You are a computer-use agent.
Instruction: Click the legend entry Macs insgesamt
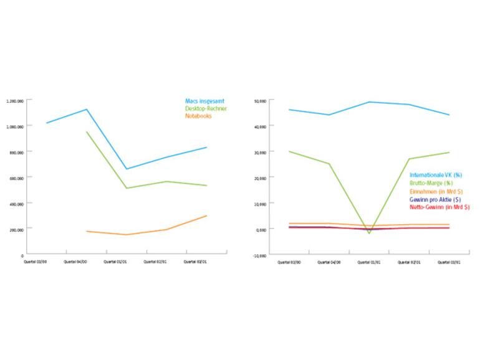pos(204,101)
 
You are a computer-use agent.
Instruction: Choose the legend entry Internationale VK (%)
pos(436,175)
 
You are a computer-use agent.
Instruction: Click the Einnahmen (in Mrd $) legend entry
pos(436,191)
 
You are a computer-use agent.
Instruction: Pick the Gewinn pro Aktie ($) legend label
pos(434,199)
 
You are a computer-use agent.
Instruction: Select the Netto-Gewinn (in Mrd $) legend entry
pos(439,207)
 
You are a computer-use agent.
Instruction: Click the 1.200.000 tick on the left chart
pos(16,100)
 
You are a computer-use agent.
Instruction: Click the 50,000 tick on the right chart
pos(261,100)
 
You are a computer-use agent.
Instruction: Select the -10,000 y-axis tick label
pos(260,255)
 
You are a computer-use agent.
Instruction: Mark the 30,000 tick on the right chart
pos(261,152)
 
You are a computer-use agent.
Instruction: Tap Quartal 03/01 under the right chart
pos(449,262)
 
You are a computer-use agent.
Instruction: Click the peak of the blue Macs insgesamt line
pos(87,110)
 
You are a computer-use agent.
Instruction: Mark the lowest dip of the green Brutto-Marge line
pos(369,233)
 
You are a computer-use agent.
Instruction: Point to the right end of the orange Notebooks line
pos(206,216)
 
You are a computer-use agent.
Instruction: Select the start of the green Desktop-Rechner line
pos(87,131)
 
